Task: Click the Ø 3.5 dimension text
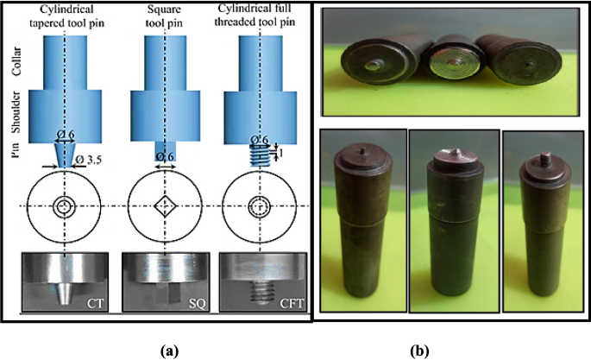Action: pos(107,161)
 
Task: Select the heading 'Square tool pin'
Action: pos(163,15)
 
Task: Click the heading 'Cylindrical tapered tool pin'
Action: pos(66,15)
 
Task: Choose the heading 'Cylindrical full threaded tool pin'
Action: pos(259,15)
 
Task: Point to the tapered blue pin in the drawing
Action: pos(66,155)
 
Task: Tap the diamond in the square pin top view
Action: pos(163,207)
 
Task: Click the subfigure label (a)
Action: pos(168,349)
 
